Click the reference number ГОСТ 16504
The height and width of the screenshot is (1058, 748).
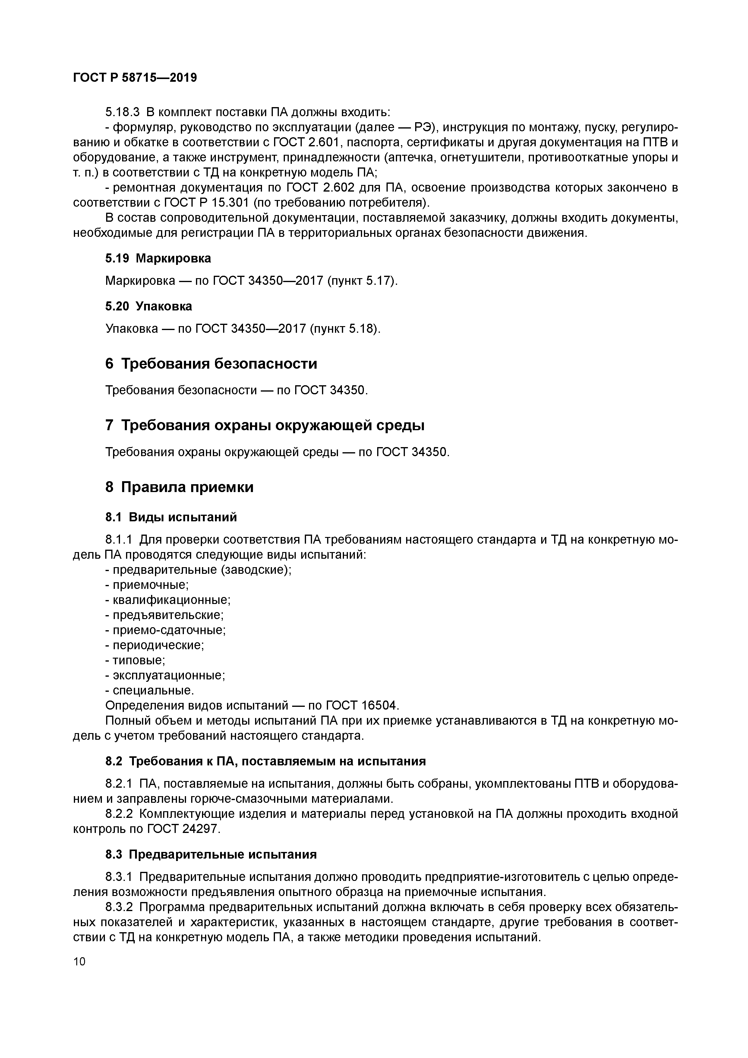point(361,706)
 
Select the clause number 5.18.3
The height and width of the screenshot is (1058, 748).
point(122,112)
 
